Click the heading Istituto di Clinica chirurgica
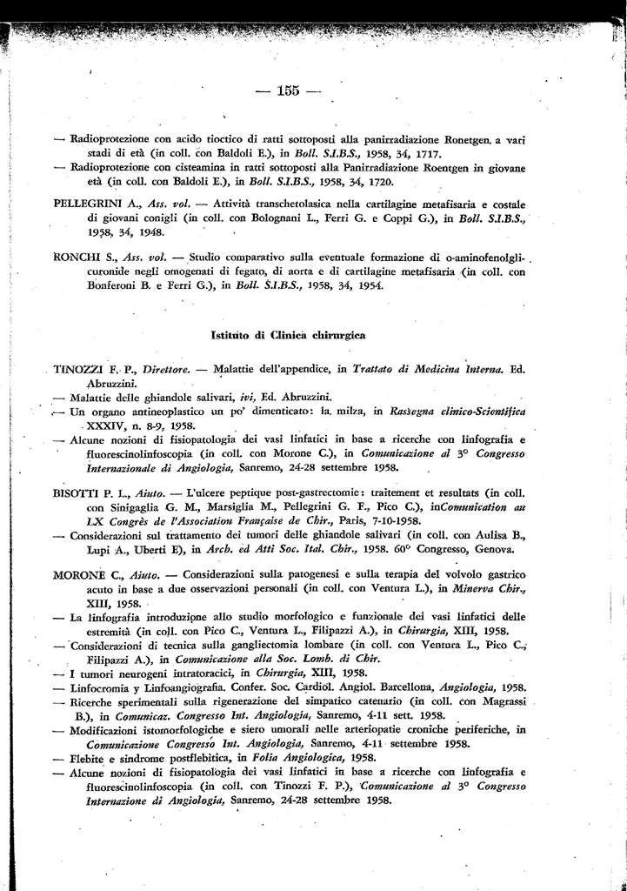(288, 334)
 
